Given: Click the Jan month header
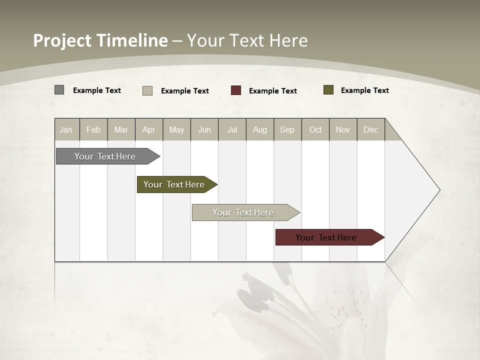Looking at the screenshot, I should pyautogui.click(x=66, y=129).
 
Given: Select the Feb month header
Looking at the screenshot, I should pyautogui.click(x=93, y=129).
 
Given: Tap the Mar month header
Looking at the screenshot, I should pyautogui.click(x=121, y=129).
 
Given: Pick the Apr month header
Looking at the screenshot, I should pyautogui.click(x=149, y=129).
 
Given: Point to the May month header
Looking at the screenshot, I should pyautogui.click(x=176, y=129).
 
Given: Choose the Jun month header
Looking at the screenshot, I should pyautogui.click(x=204, y=129).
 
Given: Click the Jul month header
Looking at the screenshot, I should pyautogui.click(x=232, y=129).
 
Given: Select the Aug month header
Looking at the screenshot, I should pyautogui.click(x=260, y=129).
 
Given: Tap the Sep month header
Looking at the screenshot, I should pyautogui.click(x=287, y=129).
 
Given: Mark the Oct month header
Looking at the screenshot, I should pyautogui.click(x=315, y=129).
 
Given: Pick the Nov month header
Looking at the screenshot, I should pyautogui.click(x=343, y=129).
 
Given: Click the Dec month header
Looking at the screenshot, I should pyautogui.click(x=371, y=129).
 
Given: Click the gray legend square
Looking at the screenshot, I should pyautogui.click(x=59, y=90).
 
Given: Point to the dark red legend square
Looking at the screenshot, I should pyautogui.click(x=236, y=90).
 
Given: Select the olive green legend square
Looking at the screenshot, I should pyautogui.click(x=328, y=90).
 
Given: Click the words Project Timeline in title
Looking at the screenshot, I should pyautogui.click(x=100, y=40).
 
